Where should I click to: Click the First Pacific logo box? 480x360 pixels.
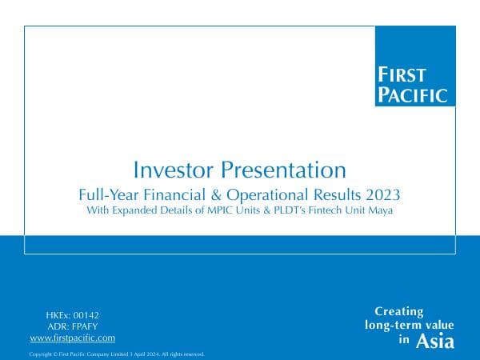[x=415, y=66]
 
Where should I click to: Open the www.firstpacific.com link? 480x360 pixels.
[x=72, y=338]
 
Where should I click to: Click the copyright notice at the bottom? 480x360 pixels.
[x=117, y=353]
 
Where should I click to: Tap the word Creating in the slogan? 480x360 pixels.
[x=399, y=312]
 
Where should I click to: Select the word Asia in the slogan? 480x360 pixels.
[x=435, y=342]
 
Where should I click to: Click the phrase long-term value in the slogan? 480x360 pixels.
[x=409, y=326]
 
